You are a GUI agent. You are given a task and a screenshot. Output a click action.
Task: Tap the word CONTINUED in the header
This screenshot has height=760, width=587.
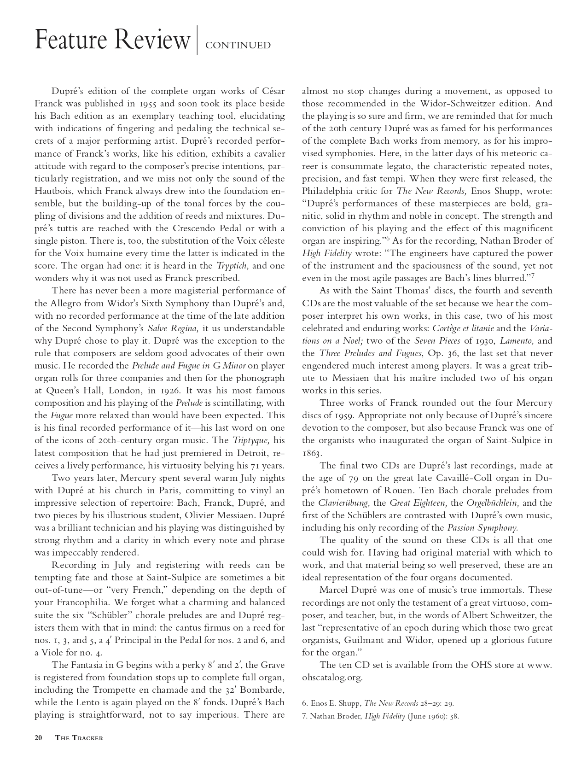pos(238,45)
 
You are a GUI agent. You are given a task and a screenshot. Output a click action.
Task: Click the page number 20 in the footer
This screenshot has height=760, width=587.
pos(39,737)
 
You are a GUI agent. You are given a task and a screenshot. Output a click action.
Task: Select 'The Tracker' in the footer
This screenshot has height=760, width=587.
pos(79,738)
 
